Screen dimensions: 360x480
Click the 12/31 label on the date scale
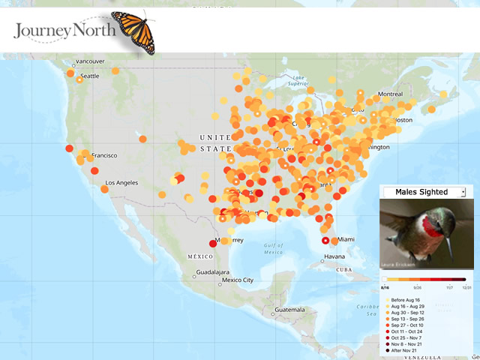pos(466,287)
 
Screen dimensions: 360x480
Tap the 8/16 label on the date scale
pos(385,287)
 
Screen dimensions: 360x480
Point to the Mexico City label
pos(237,280)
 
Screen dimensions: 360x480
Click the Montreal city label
pos(390,94)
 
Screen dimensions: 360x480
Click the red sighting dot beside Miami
pos(325,241)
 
